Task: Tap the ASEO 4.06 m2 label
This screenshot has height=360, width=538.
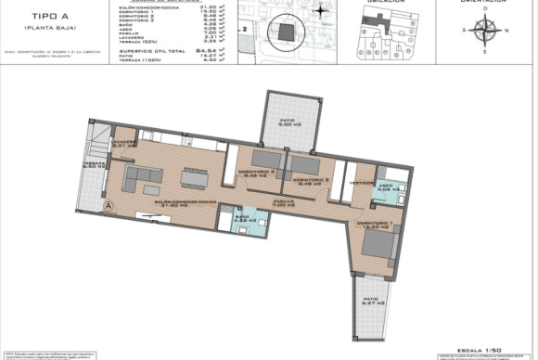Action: [x=387, y=187]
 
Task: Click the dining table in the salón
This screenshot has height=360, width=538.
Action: [x=194, y=175]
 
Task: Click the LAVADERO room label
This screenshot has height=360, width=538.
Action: [x=124, y=143]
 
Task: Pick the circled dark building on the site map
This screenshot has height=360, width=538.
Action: [x=284, y=33]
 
